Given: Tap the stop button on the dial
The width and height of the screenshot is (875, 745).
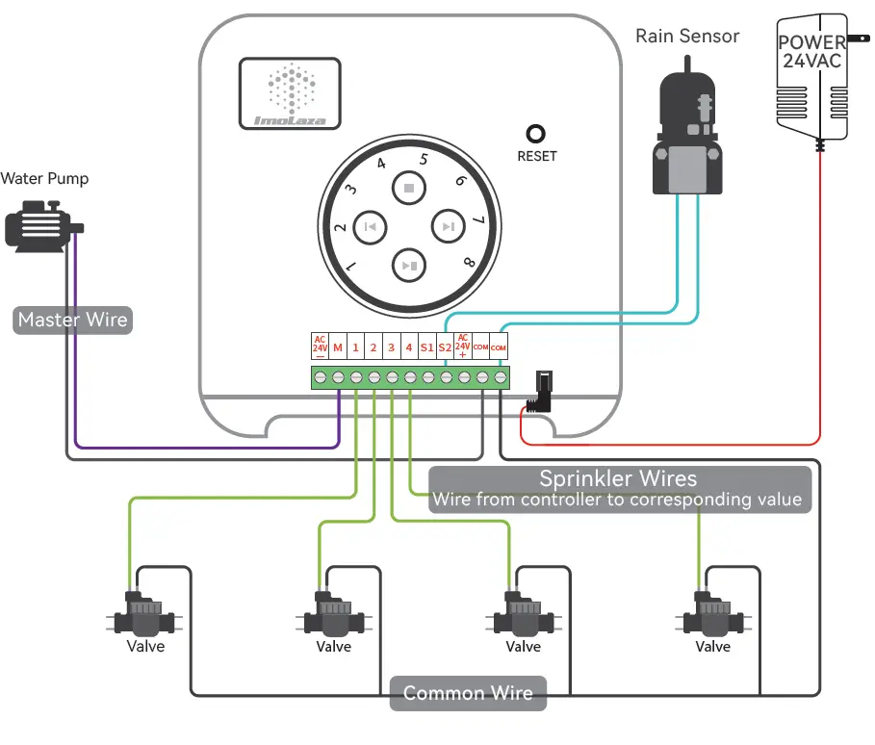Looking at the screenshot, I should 409,188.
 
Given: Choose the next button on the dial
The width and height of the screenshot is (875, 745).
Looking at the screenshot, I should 448,227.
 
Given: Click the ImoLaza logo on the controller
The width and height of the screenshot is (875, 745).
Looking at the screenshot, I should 290,93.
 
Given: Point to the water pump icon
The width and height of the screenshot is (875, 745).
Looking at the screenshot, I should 41,225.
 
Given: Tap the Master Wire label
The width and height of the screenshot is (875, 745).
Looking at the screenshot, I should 73,320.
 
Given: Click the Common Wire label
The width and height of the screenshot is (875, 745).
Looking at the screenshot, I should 468,693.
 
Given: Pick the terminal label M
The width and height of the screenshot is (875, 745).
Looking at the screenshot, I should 338,347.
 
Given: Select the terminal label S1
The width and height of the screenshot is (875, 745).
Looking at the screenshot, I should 426,347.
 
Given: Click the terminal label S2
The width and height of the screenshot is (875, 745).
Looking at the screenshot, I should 444,347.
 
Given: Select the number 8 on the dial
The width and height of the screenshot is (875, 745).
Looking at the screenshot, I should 469,262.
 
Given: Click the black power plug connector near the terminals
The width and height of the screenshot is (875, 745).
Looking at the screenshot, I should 542,391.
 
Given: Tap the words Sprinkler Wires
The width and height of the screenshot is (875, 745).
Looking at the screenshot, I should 617,478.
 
